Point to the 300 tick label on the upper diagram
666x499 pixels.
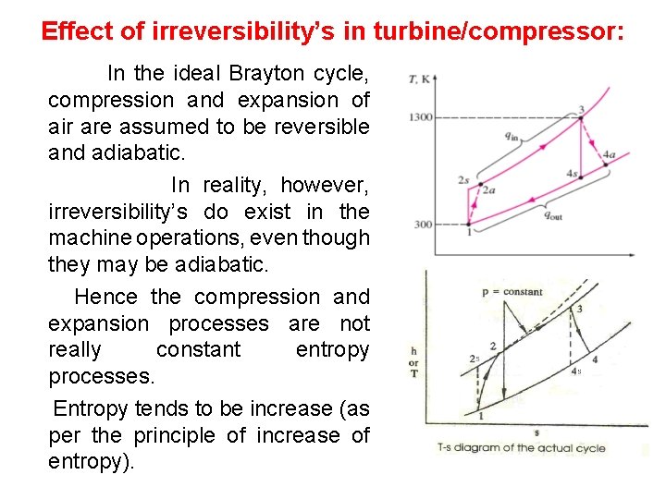tap(423, 225)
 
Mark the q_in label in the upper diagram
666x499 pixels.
tap(511, 135)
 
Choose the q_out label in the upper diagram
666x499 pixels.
tap(552, 215)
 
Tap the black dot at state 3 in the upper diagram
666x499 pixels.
tap(581, 117)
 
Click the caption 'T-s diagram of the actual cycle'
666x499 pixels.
tap(521, 448)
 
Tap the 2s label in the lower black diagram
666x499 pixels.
tap(474, 359)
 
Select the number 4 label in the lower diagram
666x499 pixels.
tap(594, 359)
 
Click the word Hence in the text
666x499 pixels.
tap(105, 297)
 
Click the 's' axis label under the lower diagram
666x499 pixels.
tap(536, 431)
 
